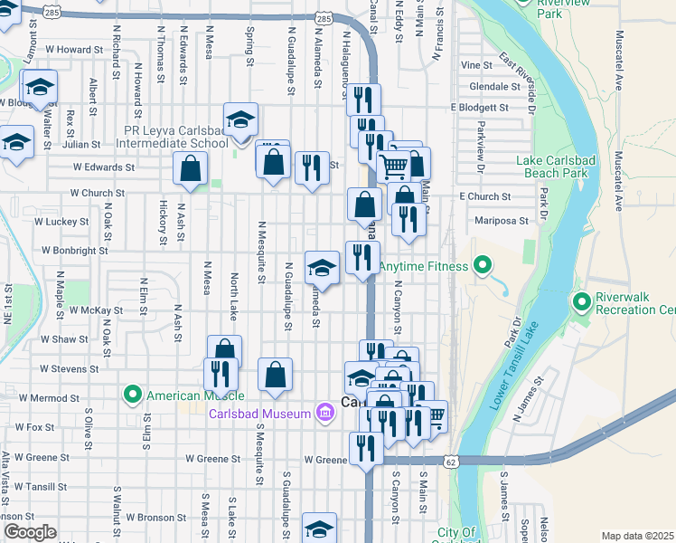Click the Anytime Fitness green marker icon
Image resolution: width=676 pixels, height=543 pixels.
pyautogui.click(x=483, y=266)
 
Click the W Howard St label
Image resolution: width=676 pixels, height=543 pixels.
pyautogui.click(x=73, y=49)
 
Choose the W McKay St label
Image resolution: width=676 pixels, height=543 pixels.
pyautogui.click(x=96, y=310)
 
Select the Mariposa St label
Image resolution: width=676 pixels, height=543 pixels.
pyautogui.click(x=501, y=219)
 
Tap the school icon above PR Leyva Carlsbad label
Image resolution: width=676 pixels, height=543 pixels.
pyautogui.click(x=241, y=119)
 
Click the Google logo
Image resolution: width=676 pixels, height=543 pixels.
pyautogui.click(x=30, y=532)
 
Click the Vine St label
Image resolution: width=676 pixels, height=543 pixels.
pyautogui.click(x=475, y=65)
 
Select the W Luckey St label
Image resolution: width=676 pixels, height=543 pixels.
pyautogui.click(x=61, y=220)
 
